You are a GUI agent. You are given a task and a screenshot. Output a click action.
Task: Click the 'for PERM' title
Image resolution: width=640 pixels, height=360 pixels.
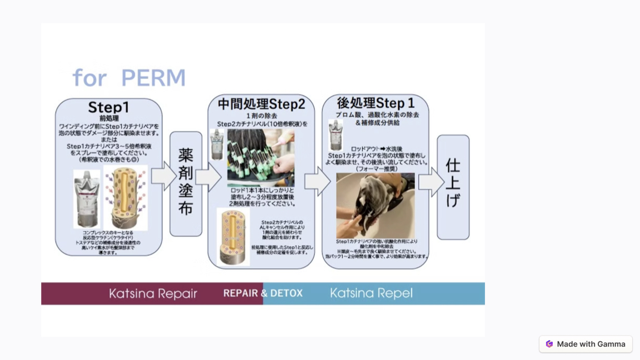tap(129, 78)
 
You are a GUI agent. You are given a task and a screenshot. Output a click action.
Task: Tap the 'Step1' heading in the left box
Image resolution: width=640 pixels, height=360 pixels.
tap(108, 107)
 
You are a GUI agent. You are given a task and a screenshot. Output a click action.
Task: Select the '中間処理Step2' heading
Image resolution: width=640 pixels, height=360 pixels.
tap(261, 104)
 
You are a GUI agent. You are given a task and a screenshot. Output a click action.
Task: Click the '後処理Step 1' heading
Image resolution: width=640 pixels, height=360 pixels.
tap(376, 103)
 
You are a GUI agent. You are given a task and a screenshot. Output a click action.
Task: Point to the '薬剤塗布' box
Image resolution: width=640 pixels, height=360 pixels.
tap(186, 183)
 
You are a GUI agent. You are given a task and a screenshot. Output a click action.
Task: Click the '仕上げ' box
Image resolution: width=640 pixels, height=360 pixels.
tap(453, 183)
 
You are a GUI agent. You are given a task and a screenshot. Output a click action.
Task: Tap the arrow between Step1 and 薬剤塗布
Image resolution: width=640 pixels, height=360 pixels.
tap(163, 177)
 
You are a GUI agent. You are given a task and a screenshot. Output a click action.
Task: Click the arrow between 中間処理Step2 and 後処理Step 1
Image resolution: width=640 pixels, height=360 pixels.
tap(318, 181)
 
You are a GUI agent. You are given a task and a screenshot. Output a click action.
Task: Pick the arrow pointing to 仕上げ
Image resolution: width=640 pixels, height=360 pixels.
tap(432, 182)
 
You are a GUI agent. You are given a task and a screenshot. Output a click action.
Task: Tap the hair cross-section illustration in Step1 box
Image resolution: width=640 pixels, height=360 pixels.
tap(126, 198)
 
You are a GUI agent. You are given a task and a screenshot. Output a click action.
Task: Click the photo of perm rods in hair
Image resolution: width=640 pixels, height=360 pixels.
tap(261, 158)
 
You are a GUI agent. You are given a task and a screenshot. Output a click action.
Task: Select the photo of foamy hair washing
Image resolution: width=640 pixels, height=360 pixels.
tap(375, 204)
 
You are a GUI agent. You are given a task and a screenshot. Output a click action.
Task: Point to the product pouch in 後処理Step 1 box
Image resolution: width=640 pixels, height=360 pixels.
tap(336, 134)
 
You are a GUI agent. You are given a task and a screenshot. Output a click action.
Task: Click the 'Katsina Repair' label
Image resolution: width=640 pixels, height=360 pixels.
tap(153, 293)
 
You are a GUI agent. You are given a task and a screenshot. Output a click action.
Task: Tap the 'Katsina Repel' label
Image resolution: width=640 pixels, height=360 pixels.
tap(371, 293)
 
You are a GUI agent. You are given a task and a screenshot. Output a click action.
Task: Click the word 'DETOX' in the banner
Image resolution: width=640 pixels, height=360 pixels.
tap(286, 293)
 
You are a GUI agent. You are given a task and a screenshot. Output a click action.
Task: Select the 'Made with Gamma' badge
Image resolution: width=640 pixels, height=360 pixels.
tap(586, 344)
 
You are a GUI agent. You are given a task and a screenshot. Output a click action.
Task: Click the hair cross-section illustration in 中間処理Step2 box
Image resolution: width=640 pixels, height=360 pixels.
tap(233, 236)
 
